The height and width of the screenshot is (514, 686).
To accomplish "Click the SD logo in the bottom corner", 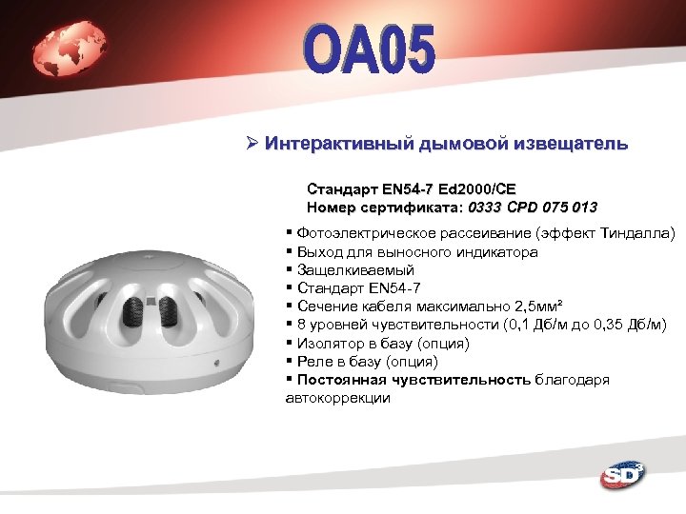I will (622, 475).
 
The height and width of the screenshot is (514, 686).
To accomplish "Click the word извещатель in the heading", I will (571, 145).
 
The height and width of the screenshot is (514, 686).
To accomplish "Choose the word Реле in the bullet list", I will (313, 361).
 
